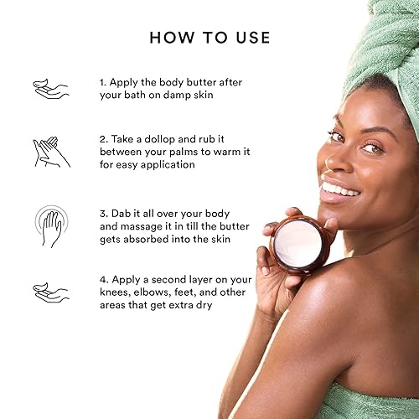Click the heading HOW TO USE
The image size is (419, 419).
point(209,37)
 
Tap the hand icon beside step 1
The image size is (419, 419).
point(50,88)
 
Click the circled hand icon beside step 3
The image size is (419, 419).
point(50,224)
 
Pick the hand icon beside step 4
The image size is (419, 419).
point(50,292)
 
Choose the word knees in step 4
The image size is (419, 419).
point(116,292)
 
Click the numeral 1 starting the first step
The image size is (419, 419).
point(101,82)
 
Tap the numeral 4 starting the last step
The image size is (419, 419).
point(102,279)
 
